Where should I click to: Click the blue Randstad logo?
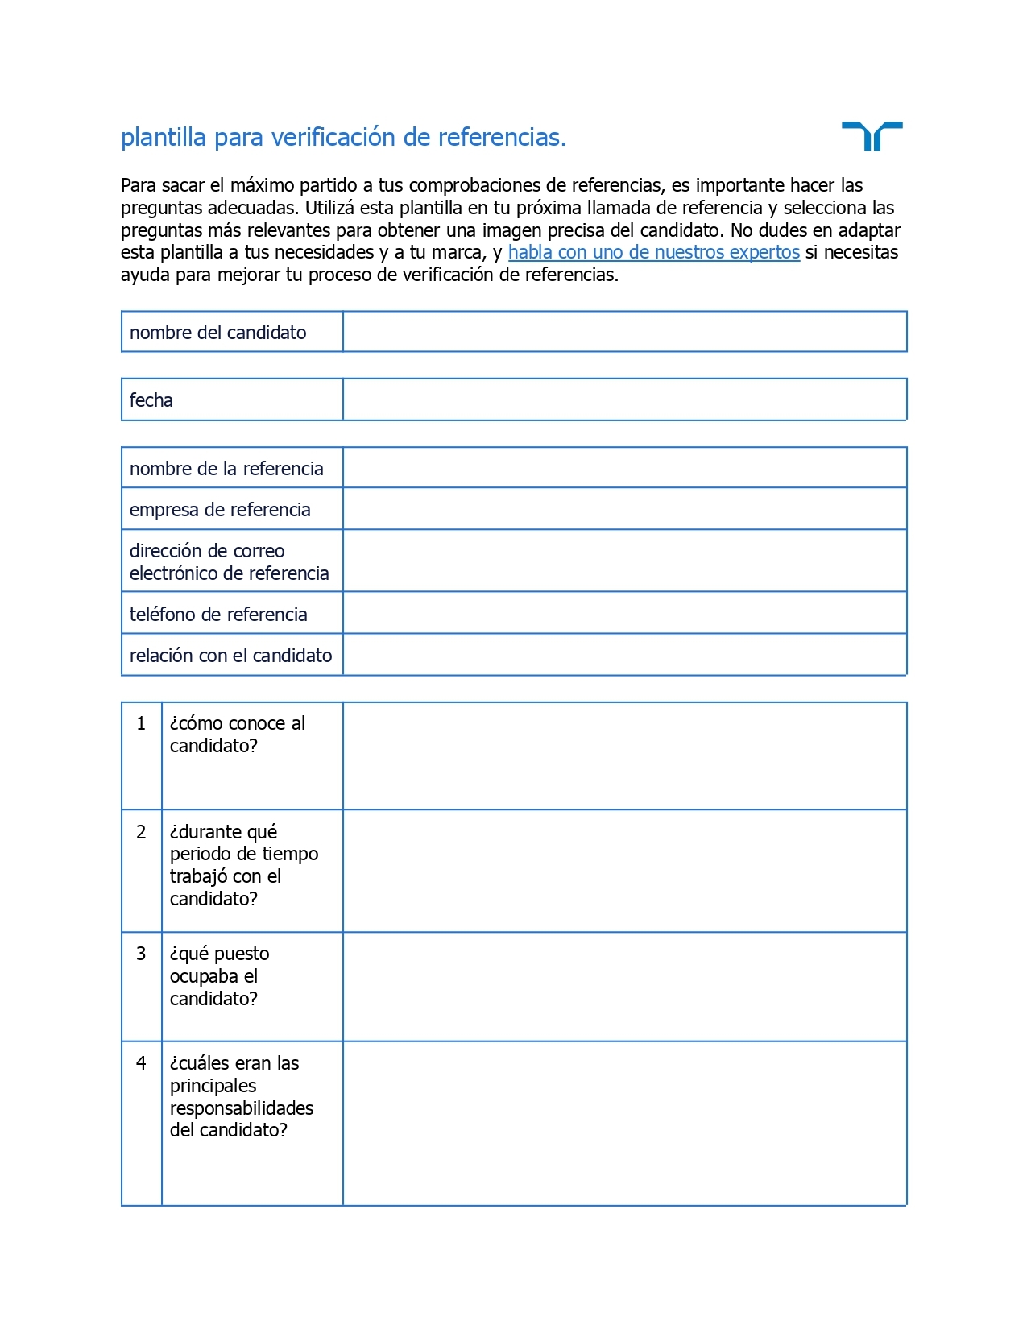[872, 136]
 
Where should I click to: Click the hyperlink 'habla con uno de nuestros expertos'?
[653, 252]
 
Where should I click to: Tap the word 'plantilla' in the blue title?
[164, 138]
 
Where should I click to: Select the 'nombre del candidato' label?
[217, 333]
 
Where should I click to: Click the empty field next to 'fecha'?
[624, 400]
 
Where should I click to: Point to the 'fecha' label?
[151, 400]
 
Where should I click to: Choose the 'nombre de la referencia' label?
[226, 469]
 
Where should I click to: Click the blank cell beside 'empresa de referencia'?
[624, 509]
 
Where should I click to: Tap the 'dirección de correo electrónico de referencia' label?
[229, 562]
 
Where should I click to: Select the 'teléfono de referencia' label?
[218, 615]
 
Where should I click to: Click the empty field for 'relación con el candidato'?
[624, 655]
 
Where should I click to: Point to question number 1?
[141, 723]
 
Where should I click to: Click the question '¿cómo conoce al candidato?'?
[237, 735]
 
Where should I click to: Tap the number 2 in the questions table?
[141, 832]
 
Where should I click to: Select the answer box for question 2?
[624, 871]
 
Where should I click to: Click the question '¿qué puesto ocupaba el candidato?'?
[219, 976]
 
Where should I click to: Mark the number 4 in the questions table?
[141, 1063]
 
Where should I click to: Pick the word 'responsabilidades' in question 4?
[241, 1108]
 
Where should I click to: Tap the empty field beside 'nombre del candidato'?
[624, 332]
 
